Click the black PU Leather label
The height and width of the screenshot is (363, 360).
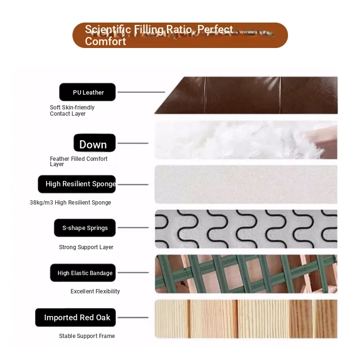pos(87,92)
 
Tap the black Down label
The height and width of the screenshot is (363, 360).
pos(95,143)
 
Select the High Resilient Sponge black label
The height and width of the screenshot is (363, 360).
pos(77,184)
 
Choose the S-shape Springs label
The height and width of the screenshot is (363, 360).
pos(85,228)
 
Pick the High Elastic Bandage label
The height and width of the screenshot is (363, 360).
pos(83,273)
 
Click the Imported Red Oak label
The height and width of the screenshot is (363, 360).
pos(75,317)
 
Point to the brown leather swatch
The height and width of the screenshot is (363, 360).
pos(246,95)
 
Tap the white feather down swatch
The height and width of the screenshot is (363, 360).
pos(246,140)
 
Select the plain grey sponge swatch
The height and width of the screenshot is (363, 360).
pos(246,184)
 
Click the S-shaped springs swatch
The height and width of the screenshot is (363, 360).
pos(246,229)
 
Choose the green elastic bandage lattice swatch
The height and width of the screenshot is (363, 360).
pos(246,274)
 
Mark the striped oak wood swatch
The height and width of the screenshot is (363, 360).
pos(246,319)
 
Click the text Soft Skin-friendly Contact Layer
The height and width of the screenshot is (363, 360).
pos(72,110)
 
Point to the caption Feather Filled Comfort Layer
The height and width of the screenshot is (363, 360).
pos(79,161)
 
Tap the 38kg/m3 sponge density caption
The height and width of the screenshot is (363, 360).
pos(71,203)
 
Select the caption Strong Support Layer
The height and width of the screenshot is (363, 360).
pos(86,247)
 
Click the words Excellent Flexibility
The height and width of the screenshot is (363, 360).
pos(95,291)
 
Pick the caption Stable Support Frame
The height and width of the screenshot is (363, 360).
pos(87,336)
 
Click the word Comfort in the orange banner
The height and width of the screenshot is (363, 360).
pos(105,41)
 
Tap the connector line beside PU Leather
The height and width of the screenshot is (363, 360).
pos(142,92)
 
